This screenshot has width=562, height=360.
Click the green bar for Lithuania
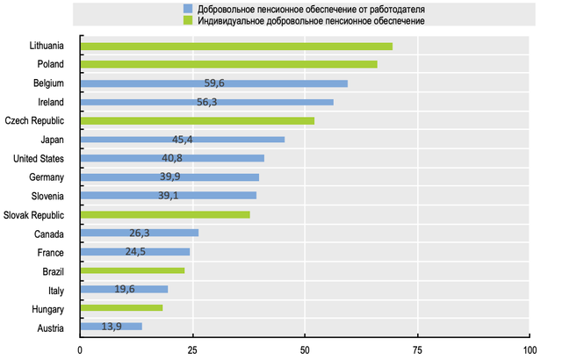(235, 46)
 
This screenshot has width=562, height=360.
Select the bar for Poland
(228, 64)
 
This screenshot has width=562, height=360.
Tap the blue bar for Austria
(111, 327)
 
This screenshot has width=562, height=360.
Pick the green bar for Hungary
(121, 308)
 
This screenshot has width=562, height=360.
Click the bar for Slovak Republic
(164, 214)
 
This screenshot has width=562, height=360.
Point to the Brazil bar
(132, 270)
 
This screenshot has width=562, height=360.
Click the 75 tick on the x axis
(417, 349)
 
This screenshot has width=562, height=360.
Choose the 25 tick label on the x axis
(192, 349)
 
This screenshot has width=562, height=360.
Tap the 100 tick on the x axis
(530, 349)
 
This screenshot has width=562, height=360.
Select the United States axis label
(41, 158)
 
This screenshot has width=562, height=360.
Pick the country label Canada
(50, 234)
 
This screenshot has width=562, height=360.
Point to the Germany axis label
(47, 177)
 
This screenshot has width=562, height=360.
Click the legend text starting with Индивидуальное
(312, 19)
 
